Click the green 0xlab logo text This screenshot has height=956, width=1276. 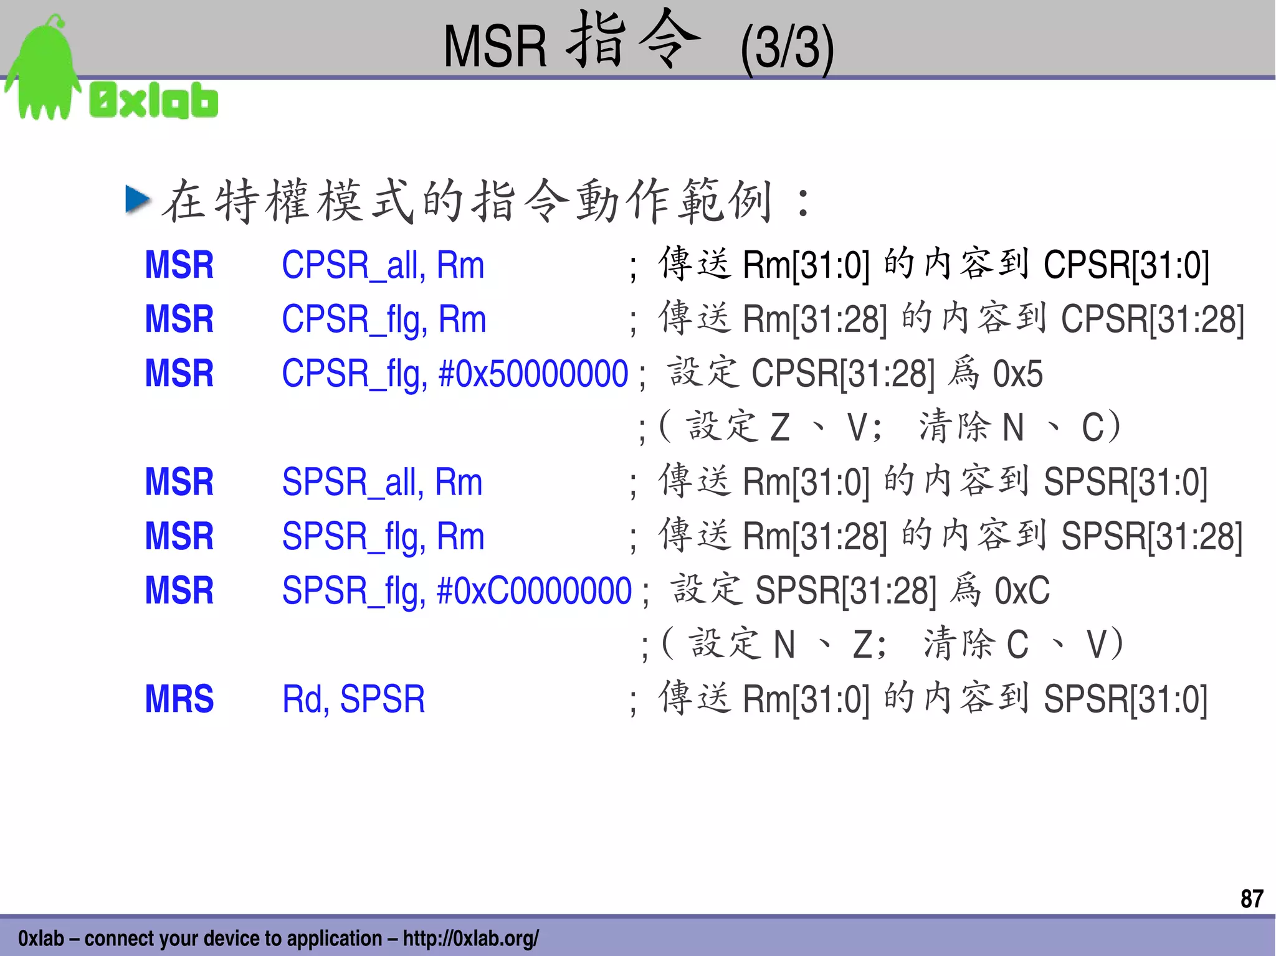point(154,100)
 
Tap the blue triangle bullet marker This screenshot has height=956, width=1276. point(138,200)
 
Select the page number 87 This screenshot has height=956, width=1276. point(1251,899)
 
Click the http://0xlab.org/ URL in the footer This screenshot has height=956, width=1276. point(470,938)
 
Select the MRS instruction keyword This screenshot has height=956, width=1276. point(179,699)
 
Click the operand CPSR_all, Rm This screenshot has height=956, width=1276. point(383,265)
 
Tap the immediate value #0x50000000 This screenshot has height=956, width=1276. point(533,374)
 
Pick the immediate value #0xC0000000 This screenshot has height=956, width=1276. point(534,590)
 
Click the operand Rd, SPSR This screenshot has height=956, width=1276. point(353,699)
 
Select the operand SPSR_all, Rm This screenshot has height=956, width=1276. point(382,482)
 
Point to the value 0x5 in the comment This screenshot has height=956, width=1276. point(1017,374)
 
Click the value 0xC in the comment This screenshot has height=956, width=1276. point(1022,590)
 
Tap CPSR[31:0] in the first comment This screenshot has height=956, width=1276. point(1126,265)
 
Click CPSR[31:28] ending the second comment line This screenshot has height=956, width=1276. point(1152,319)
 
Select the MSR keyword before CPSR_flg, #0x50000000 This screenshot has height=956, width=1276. point(179,374)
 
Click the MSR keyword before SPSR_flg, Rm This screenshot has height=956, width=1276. point(179,536)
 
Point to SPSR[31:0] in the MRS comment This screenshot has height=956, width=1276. point(1125,699)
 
